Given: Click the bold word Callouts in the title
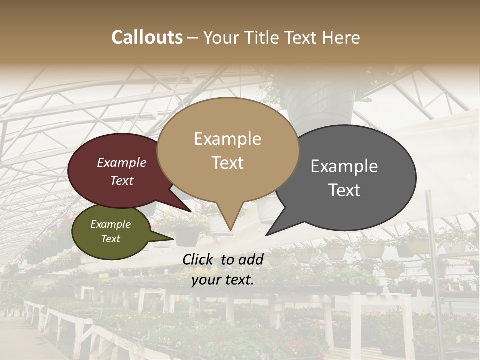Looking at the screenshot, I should [147, 37].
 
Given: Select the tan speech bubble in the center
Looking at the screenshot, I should [228, 150].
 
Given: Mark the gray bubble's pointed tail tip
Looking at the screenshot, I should [267, 235].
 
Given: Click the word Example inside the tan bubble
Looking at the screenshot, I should [227, 139].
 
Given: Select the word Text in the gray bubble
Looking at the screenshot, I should [345, 190].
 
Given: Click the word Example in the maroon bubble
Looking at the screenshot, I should [121, 162].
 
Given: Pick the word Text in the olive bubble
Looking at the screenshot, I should [110, 239].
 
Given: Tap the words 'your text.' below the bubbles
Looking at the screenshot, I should [223, 280].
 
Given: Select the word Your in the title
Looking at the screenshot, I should [222, 38].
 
